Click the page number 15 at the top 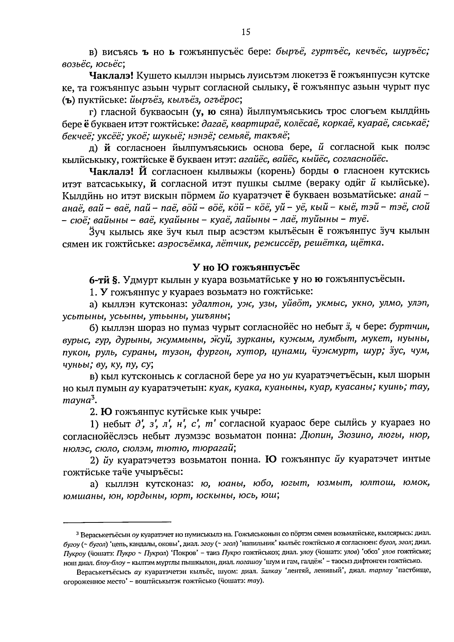[246, 32]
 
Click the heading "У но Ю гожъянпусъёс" [246, 267]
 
